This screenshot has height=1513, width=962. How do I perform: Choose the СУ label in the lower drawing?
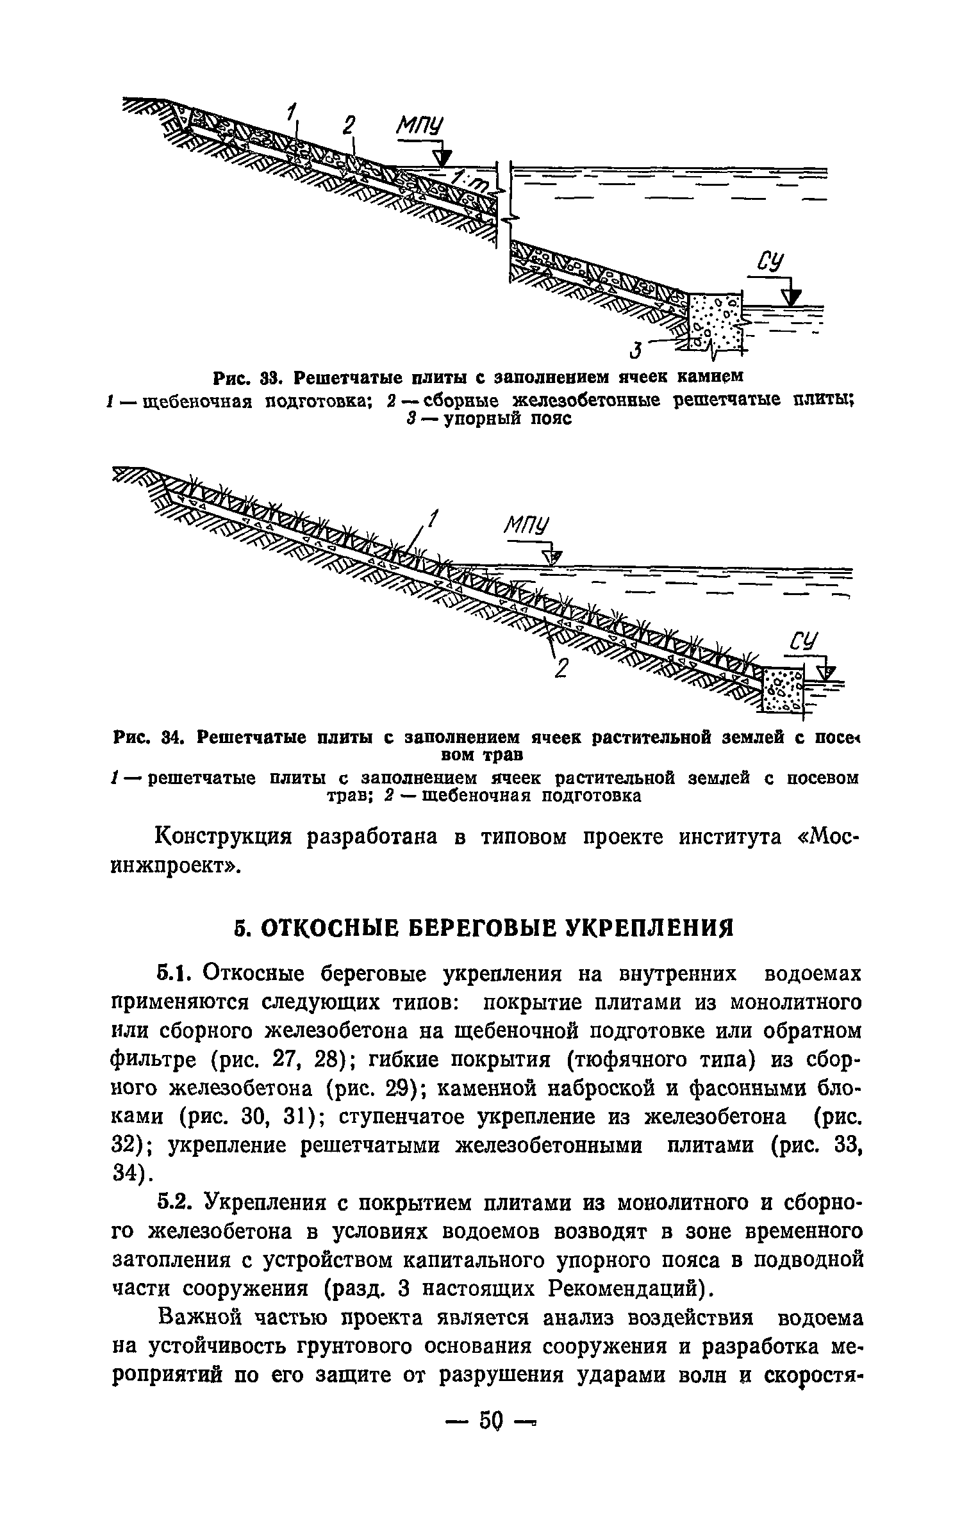(x=804, y=642)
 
